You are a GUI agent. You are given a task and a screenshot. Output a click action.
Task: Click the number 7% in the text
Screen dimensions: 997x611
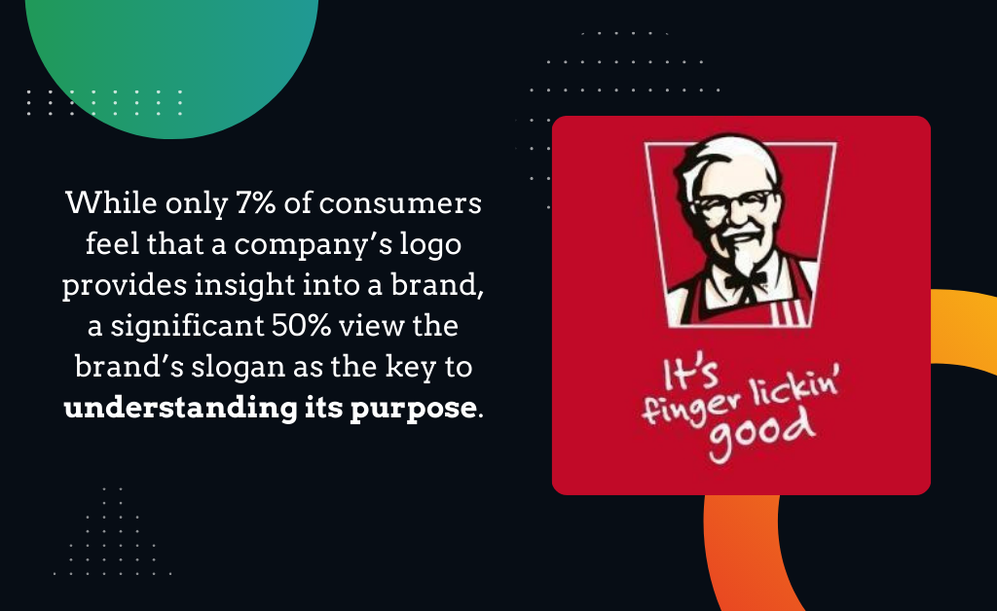[x=256, y=203]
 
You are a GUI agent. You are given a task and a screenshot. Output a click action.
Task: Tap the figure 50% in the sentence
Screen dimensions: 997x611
[x=302, y=326]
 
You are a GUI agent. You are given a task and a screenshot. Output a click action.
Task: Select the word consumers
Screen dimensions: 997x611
[x=400, y=204]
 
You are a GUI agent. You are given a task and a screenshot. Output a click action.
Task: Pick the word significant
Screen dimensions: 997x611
[x=188, y=327]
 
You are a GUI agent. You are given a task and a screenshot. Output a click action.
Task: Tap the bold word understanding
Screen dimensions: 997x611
[x=180, y=408]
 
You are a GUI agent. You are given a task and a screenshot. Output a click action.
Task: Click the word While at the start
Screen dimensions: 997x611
[x=111, y=203]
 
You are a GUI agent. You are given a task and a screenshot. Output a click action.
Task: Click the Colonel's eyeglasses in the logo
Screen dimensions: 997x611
[x=734, y=203]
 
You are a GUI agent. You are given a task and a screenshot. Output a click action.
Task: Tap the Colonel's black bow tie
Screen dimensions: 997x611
[x=745, y=280]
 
